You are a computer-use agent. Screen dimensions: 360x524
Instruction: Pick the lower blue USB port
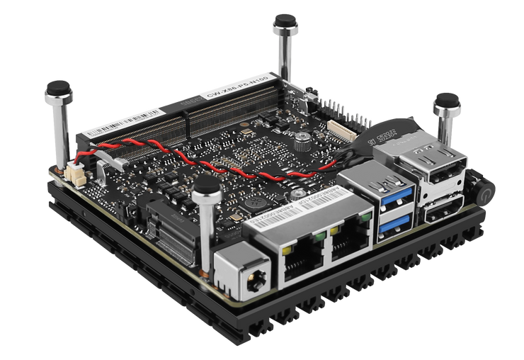[x=395, y=223]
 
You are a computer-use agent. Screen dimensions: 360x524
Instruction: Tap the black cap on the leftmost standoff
[x=56, y=90]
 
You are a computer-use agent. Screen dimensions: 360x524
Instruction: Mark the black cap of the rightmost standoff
[x=448, y=100]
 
